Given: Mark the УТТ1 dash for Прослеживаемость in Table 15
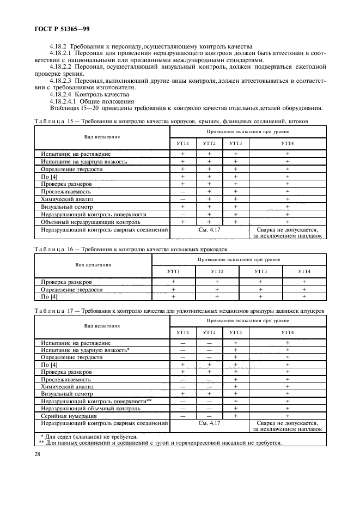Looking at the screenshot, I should click(x=182, y=192).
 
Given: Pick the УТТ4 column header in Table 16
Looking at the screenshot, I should click(x=304, y=271).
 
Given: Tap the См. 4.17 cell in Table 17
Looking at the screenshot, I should click(x=209, y=423).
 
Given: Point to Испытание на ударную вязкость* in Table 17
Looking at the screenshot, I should click(x=85, y=350).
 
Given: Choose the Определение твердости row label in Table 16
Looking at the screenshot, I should click(x=72, y=289).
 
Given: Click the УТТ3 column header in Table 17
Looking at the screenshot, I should click(x=235, y=332).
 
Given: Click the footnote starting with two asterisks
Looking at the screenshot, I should click(x=160, y=442).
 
